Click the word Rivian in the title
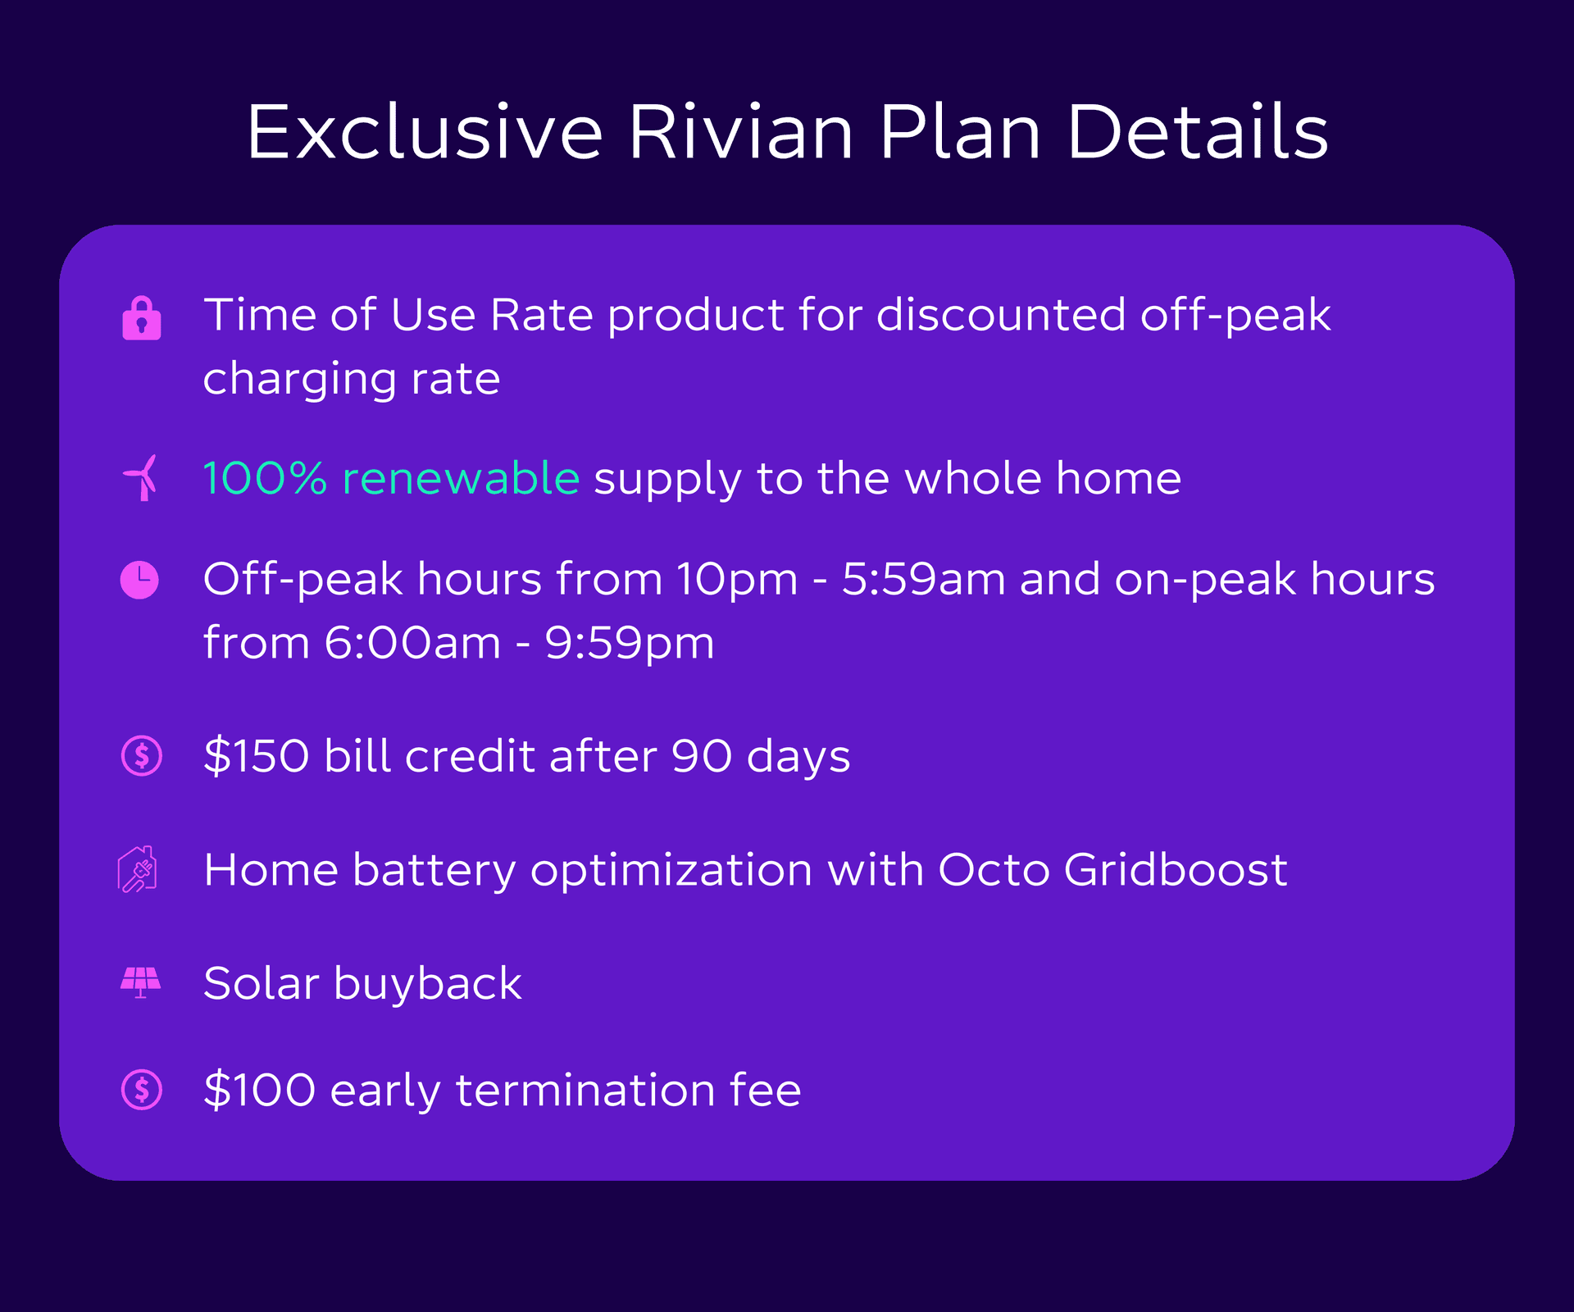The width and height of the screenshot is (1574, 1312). click(x=741, y=132)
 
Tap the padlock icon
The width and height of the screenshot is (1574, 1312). click(x=142, y=318)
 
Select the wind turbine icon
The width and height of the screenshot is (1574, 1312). click(x=141, y=477)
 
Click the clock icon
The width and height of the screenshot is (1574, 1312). click(x=140, y=580)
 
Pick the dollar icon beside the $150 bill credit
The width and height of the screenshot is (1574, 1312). click(x=142, y=755)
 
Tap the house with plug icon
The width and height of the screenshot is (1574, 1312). click(x=139, y=869)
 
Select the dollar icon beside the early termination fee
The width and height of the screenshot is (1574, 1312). click(x=142, y=1090)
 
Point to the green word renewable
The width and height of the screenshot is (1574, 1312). click(x=461, y=478)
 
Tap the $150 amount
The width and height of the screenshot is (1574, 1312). click(x=257, y=755)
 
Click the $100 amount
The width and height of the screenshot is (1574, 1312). click(x=260, y=1090)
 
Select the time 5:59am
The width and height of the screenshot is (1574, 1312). click(x=923, y=579)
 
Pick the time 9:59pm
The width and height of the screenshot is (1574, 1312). click(x=630, y=643)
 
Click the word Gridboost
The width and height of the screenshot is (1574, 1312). click(x=1176, y=870)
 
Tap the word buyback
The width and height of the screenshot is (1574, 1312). click(x=427, y=984)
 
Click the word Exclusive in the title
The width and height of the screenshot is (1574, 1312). click(x=425, y=132)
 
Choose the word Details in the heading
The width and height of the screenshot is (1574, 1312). click(x=1197, y=132)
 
